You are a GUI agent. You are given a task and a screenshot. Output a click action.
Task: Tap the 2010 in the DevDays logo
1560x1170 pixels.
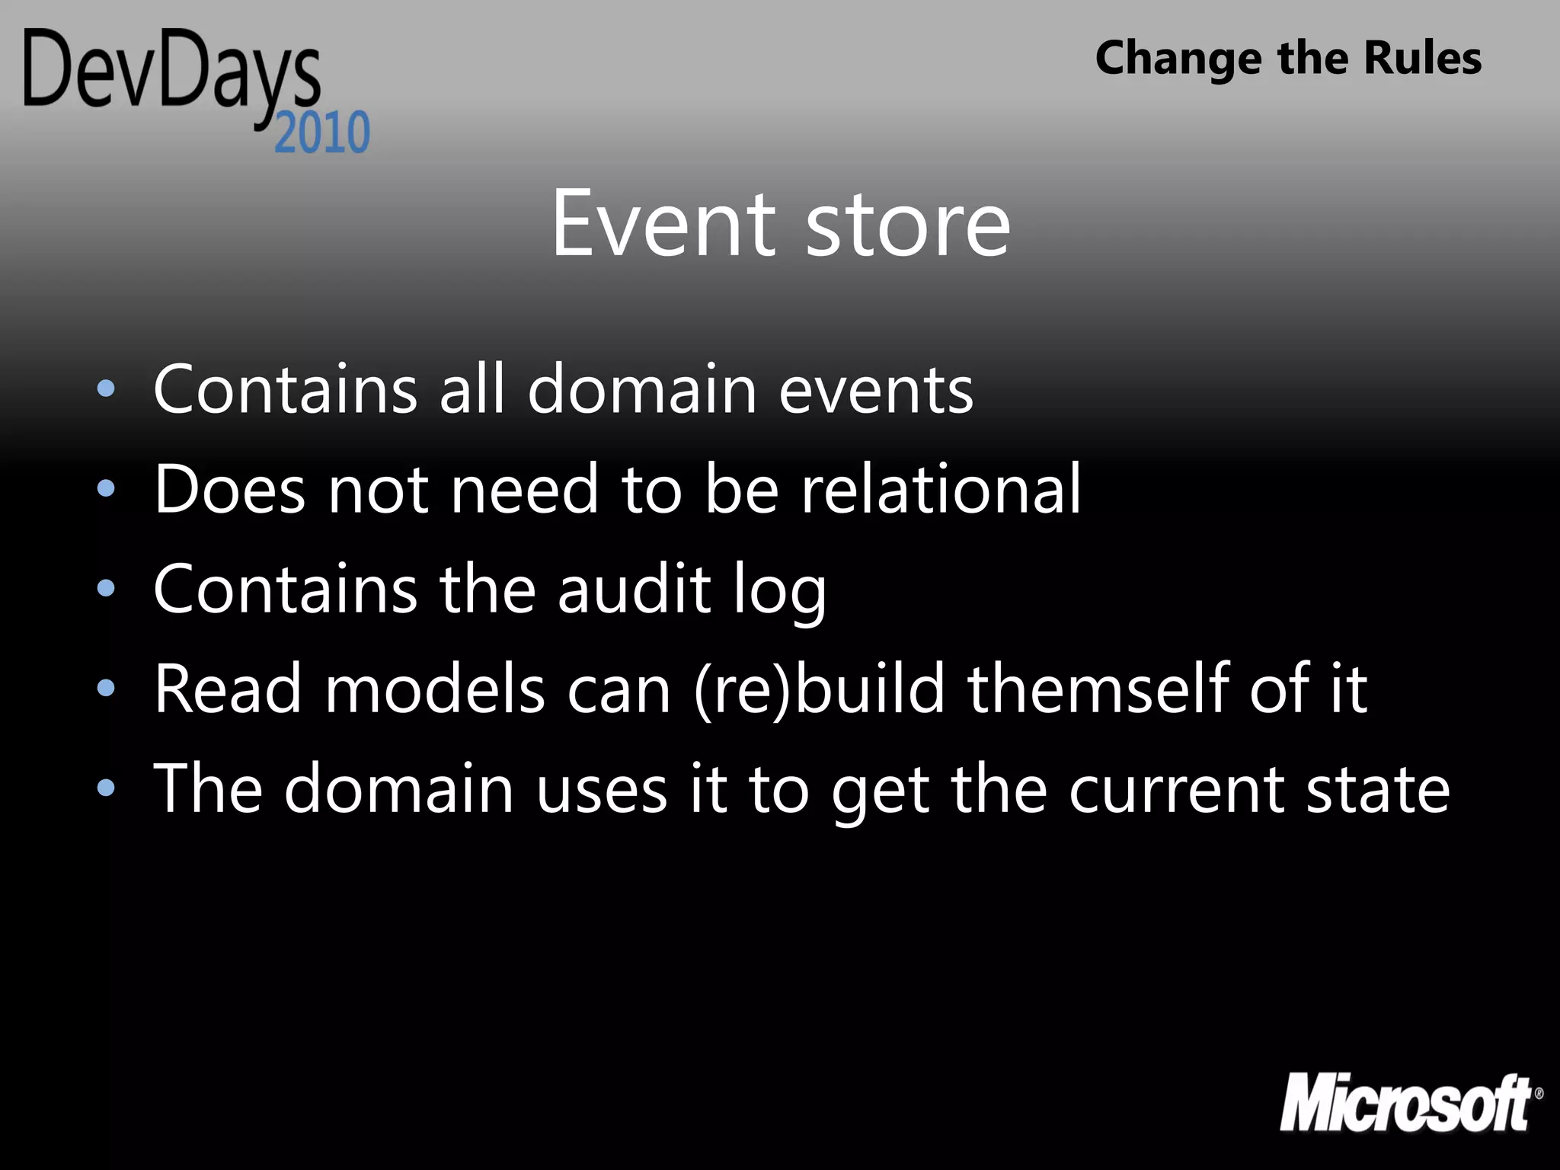click(322, 133)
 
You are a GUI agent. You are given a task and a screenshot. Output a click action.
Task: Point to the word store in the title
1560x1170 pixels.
click(908, 225)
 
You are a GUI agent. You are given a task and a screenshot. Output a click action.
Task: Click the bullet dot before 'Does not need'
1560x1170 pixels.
click(107, 488)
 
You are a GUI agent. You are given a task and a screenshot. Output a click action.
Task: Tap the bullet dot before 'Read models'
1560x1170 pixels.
click(107, 689)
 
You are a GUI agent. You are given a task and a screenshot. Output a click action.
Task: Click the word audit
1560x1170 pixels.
click(635, 589)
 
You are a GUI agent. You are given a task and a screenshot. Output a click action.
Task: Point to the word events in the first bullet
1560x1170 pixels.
click(876, 390)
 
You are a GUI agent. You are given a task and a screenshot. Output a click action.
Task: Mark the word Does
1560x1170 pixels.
click(230, 489)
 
